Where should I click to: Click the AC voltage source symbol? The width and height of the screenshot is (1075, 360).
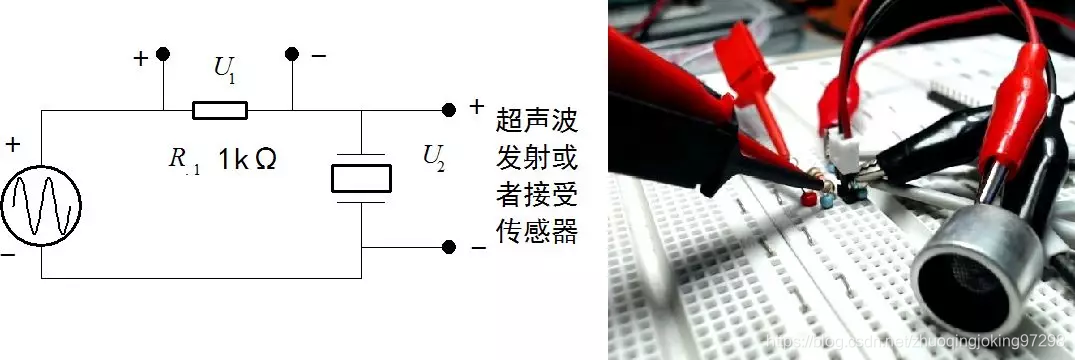(41, 207)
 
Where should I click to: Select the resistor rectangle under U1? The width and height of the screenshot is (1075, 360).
(219, 109)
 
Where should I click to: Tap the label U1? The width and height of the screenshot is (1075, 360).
(226, 70)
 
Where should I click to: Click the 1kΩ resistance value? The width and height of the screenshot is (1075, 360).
(247, 159)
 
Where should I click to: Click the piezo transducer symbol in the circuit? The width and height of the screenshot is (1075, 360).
(360, 178)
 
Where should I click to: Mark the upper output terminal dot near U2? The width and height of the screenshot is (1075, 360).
(448, 108)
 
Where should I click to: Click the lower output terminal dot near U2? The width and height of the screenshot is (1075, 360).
(448, 246)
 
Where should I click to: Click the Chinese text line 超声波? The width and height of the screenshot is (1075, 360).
(536, 122)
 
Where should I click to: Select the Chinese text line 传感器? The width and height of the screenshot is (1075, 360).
(536, 232)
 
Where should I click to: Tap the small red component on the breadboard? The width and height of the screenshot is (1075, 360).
(805, 201)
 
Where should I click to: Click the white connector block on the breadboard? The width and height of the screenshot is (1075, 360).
(841, 151)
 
